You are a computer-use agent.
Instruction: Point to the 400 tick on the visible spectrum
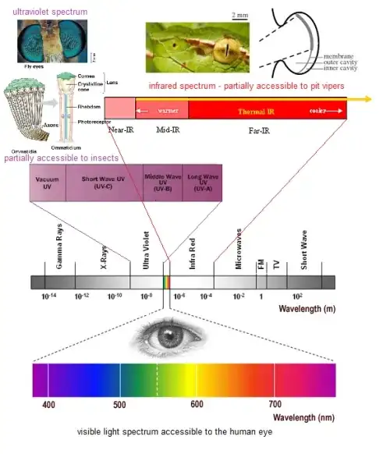(48, 405)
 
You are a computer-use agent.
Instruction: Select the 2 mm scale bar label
(241, 15)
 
